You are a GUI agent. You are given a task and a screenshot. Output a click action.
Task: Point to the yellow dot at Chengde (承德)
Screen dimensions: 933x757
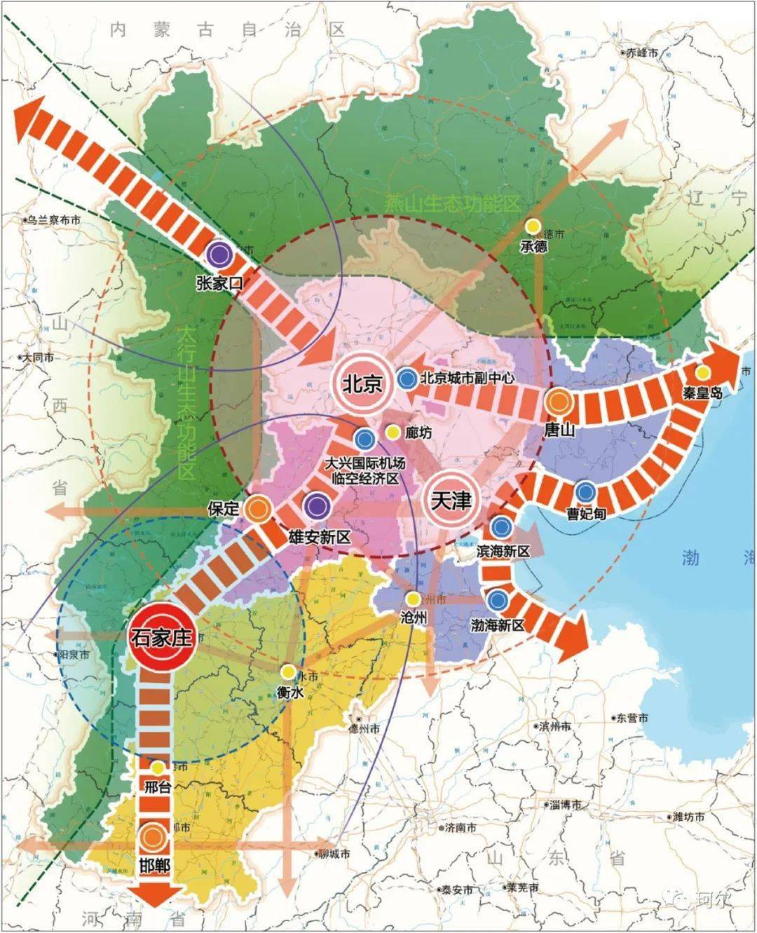point(533,226)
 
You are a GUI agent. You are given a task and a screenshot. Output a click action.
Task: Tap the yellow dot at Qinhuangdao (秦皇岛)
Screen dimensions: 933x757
point(702,372)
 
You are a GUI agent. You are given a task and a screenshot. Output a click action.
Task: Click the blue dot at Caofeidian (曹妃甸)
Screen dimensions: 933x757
point(586,491)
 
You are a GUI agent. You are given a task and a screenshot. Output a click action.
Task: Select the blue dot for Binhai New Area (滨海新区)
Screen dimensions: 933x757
point(500,526)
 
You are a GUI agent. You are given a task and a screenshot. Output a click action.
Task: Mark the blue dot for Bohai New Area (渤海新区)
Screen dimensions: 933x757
point(498,599)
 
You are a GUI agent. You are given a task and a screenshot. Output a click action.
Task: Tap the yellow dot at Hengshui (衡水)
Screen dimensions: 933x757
point(287,671)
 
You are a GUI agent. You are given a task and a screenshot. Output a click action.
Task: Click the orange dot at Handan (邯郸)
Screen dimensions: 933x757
point(151,836)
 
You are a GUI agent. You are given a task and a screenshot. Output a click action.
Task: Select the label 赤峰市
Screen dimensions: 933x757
point(642,53)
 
